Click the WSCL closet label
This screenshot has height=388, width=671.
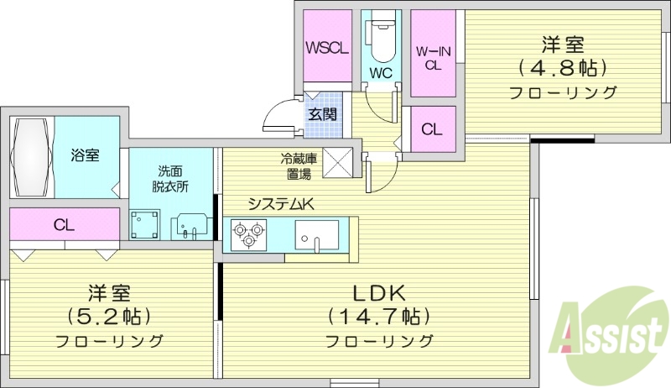tap(327, 48)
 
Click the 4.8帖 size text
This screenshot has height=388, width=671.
tap(563, 66)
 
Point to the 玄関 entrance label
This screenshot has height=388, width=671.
tap(323, 113)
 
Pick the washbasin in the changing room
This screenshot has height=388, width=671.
tap(191, 226)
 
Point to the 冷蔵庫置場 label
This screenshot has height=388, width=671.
tap(297, 165)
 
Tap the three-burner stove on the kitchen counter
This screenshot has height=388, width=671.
tap(248, 233)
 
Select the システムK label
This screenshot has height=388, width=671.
tap(279, 202)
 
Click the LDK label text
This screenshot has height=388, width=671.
tap(378, 293)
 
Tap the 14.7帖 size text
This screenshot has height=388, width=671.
tap(378, 317)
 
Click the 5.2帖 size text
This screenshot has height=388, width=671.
tap(109, 317)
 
